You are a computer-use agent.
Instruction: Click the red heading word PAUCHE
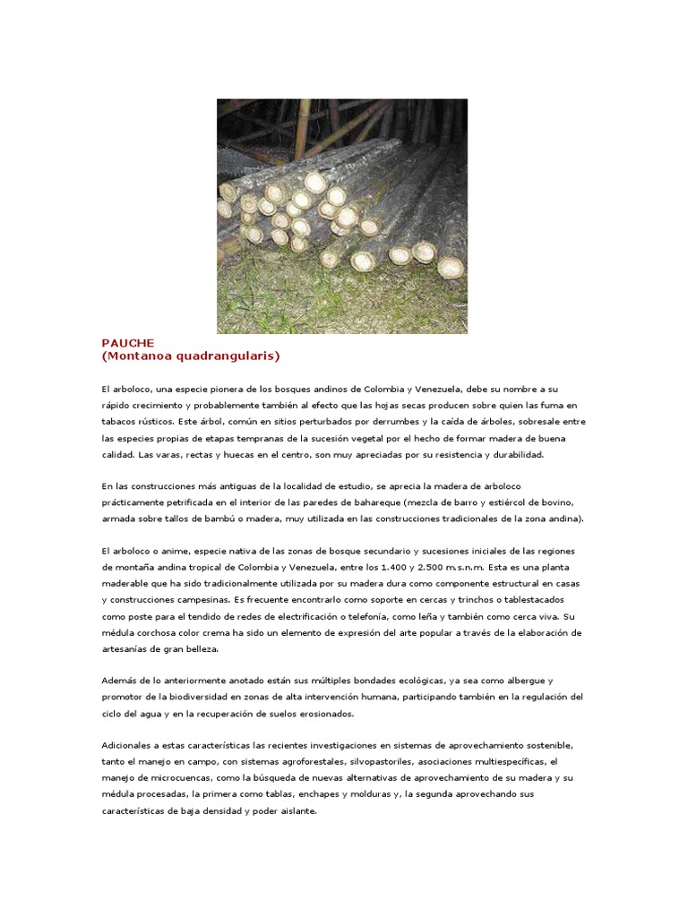(128, 343)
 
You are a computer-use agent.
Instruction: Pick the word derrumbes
(372, 422)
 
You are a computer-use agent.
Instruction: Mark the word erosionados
(325, 714)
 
